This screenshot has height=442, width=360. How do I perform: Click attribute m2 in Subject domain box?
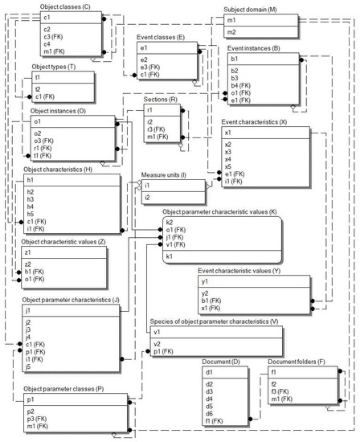pyautogui.click(x=230, y=31)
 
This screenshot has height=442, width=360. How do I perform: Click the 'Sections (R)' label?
pyautogui.click(x=164, y=98)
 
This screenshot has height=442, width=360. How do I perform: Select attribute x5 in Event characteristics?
pyautogui.click(x=227, y=166)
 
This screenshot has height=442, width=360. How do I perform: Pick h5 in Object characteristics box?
pyautogui.click(x=30, y=214)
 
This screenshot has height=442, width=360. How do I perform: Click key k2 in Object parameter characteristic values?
pyautogui.click(x=169, y=221)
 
